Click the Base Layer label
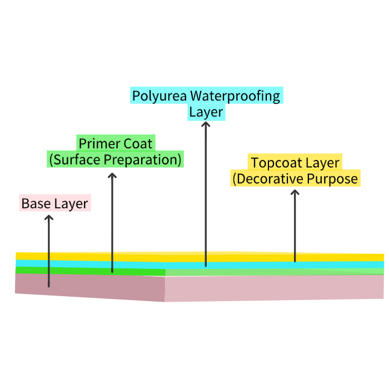[54, 203]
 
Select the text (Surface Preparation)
[115, 159]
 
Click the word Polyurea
[159, 96]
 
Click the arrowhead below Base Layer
[49, 218]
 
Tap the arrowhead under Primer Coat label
[112, 176]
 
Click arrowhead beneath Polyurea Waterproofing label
[206, 124]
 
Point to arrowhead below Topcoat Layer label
[295, 192]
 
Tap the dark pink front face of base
[89, 286]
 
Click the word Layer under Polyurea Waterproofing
[206, 112]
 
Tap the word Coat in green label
[138, 143]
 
